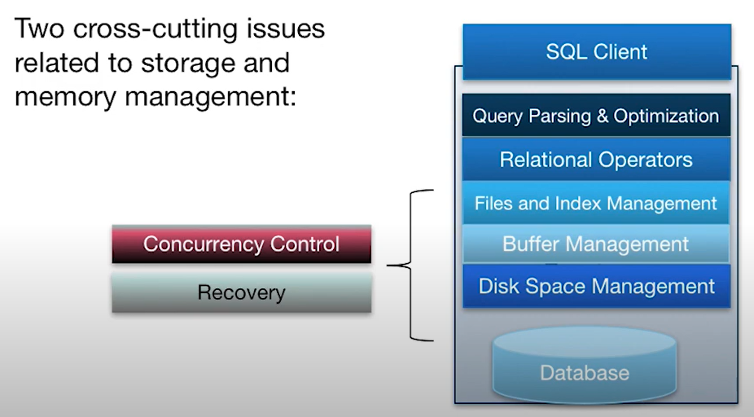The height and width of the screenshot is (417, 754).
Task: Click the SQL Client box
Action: [x=597, y=52]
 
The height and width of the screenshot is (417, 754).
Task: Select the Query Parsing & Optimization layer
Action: [x=596, y=116]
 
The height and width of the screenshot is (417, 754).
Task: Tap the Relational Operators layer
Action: [x=596, y=160]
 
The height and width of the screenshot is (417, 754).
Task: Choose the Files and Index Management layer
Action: [x=596, y=203]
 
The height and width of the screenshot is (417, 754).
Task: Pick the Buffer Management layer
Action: [x=596, y=244]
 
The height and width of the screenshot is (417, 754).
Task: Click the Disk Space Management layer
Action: [x=596, y=286]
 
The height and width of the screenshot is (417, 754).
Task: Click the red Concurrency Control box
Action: [x=241, y=244]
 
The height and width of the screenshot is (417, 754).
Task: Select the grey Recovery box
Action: [x=241, y=292]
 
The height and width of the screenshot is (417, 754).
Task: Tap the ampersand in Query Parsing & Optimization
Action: [x=602, y=116]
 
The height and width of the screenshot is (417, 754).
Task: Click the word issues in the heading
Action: [x=288, y=30]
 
